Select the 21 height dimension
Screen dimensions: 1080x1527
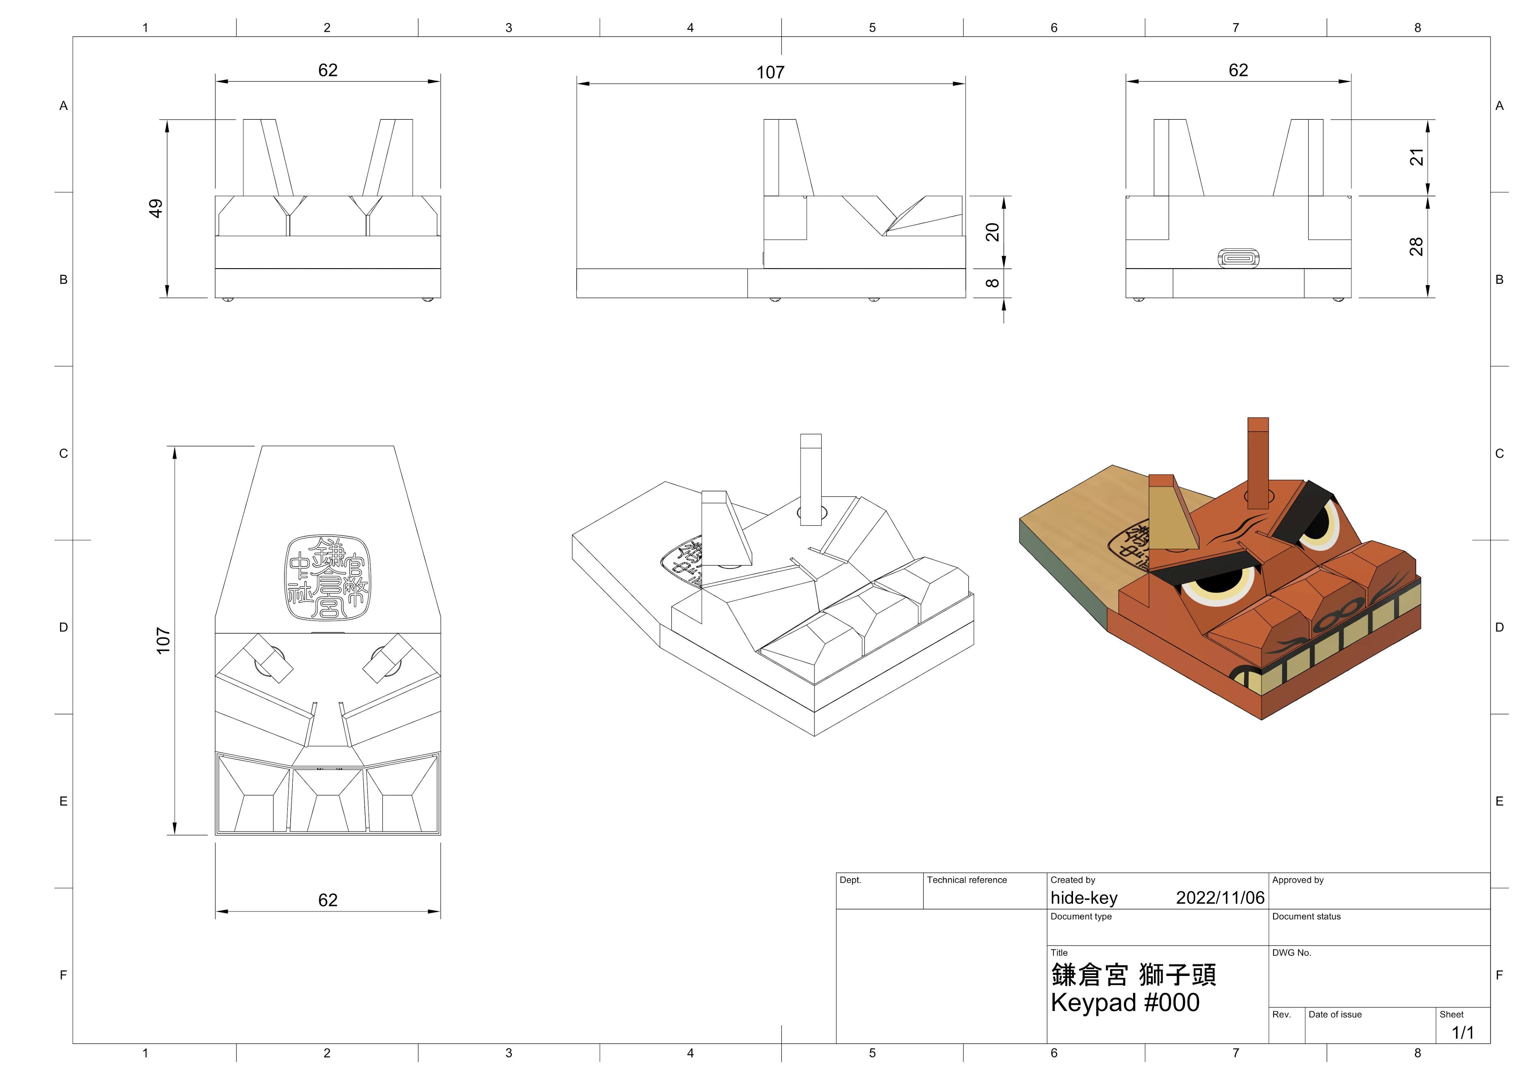1417,157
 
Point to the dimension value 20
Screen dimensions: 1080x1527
992,232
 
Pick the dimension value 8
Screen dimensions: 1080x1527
992,283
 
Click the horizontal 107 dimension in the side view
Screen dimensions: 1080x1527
770,73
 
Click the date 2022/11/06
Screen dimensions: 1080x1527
1220,898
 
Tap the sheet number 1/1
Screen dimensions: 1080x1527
1462,1033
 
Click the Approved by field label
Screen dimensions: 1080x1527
1297,880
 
